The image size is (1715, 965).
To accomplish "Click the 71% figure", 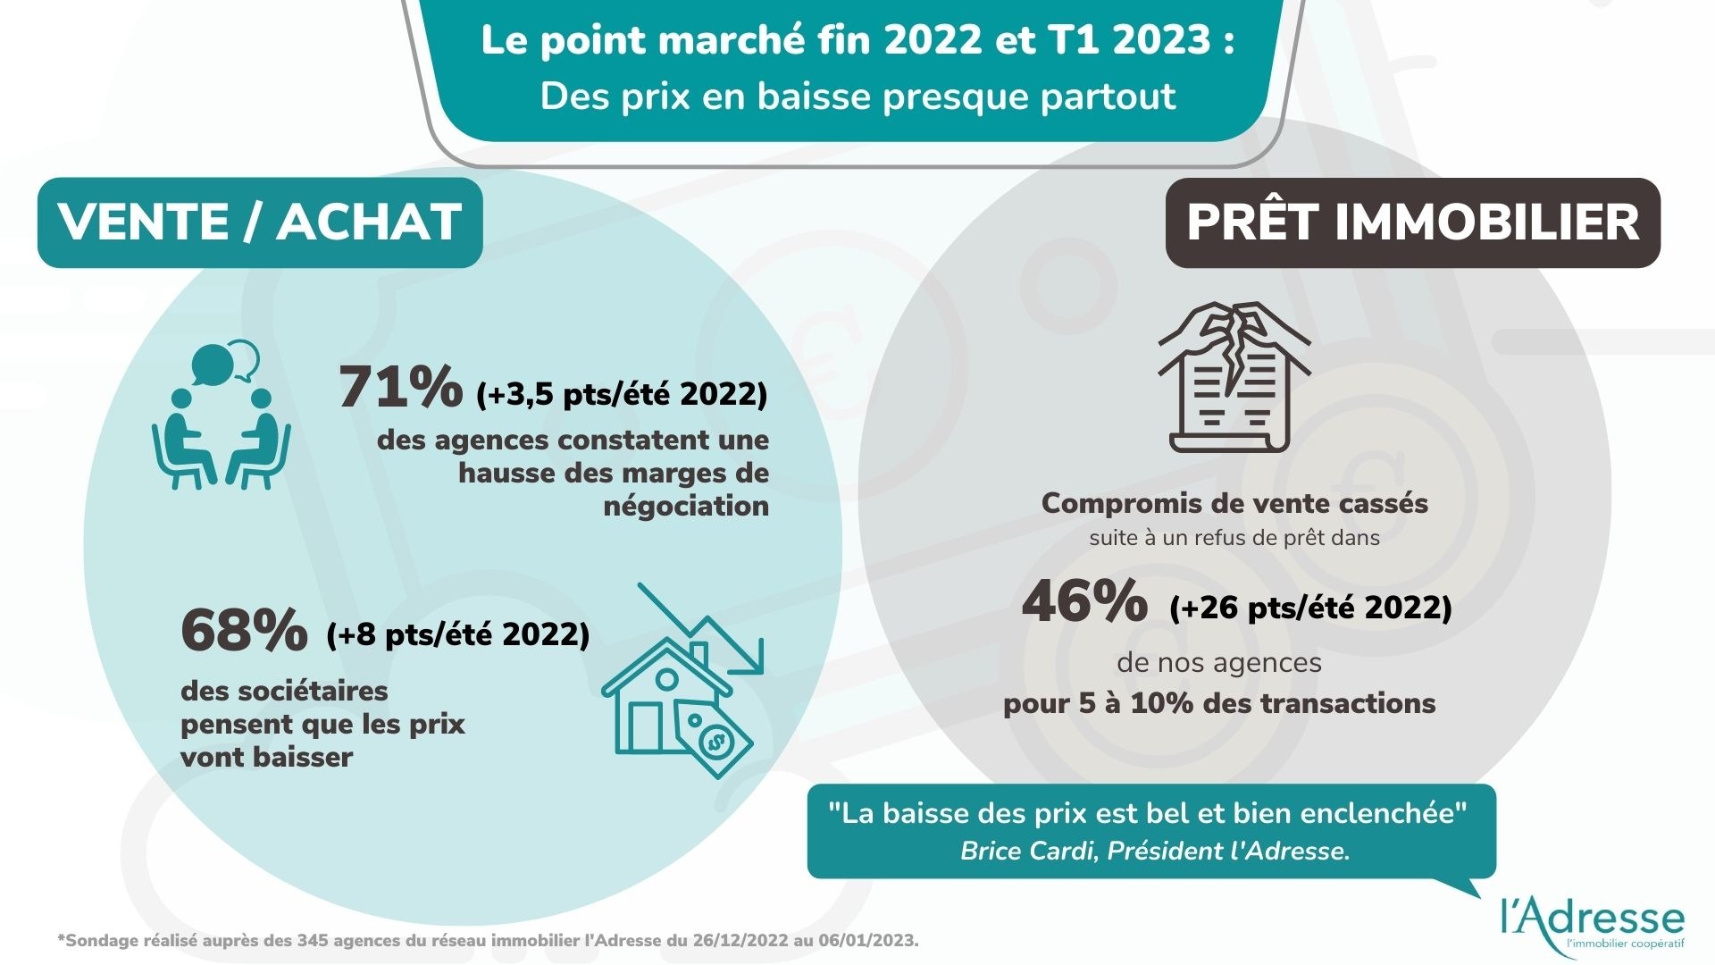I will [x=400, y=388].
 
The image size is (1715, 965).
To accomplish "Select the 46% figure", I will [x=1084, y=601].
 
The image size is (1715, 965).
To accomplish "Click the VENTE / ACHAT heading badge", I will [x=260, y=222].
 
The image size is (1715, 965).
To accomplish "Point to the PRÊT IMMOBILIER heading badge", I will [x=1412, y=222].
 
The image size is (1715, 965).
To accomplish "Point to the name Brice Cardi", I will [x=1027, y=851].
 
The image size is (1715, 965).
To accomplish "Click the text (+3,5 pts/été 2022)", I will [x=622, y=394].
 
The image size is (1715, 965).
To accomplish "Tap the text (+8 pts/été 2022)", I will [x=457, y=634].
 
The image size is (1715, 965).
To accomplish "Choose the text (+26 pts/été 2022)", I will [x=1310, y=608].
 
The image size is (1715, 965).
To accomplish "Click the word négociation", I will [x=686, y=506].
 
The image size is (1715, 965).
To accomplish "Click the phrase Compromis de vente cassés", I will [x=1234, y=503].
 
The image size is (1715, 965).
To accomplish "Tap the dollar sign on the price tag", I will [x=715, y=741].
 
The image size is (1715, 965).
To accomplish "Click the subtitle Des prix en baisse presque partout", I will [x=857, y=96].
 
